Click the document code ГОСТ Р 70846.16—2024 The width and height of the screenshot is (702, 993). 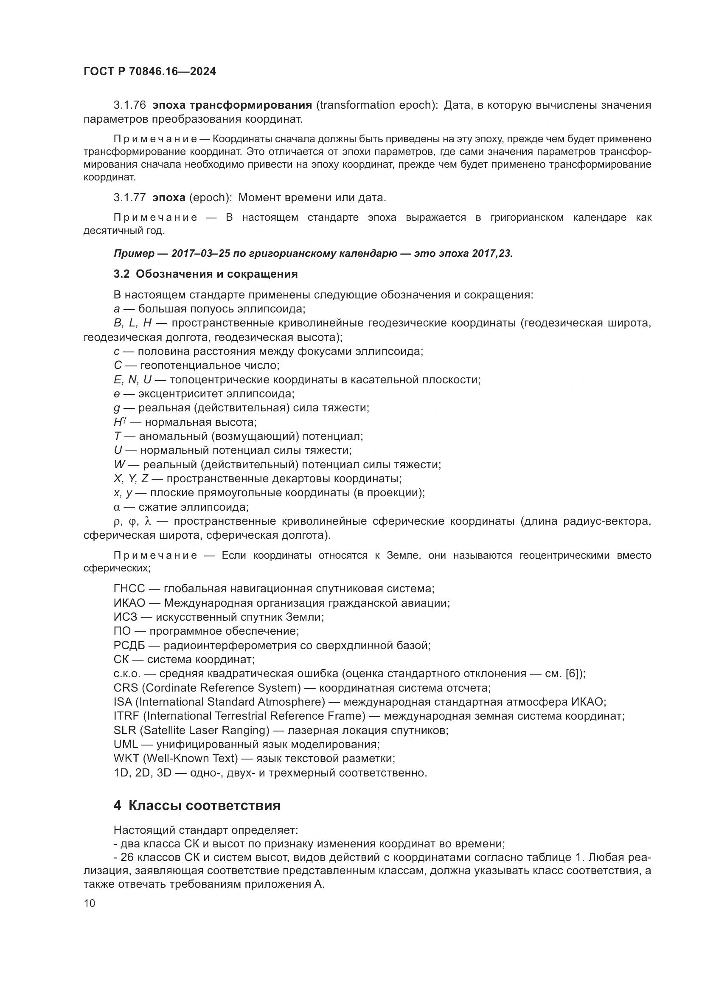click(x=149, y=72)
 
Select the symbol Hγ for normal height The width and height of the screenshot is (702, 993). click(x=119, y=422)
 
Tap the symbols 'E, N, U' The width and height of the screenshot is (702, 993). click(x=133, y=380)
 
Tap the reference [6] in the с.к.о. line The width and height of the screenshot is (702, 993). click(x=573, y=673)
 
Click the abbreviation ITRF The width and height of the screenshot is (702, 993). click(x=125, y=716)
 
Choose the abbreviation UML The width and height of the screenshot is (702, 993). click(x=125, y=744)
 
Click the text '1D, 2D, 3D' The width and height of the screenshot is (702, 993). click(x=143, y=772)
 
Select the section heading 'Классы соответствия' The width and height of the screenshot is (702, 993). click(x=205, y=805)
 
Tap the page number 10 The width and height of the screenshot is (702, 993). click(x=90, y=903)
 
